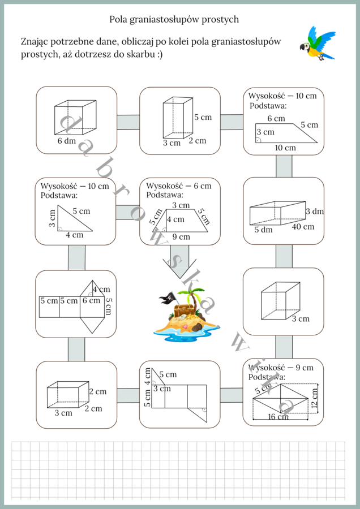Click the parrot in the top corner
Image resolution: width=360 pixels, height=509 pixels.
pos(317,44)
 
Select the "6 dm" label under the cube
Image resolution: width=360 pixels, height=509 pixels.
pos(66,141)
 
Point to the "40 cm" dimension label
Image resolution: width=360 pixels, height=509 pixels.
pos(303,227)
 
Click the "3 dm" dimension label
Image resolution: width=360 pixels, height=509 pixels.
pos(315,211)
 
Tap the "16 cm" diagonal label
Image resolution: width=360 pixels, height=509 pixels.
pos(278,417)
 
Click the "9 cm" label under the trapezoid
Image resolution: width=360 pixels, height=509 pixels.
pos(181,236)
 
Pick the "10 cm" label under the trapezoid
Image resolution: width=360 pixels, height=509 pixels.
pos(285,148)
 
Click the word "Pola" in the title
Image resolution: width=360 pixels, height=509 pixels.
pos(119,19)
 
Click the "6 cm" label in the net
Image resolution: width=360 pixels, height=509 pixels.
pos(91,300)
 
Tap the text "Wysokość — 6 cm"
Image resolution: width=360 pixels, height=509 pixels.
pos(179,186)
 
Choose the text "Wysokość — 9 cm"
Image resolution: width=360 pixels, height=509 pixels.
pos(281,367)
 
